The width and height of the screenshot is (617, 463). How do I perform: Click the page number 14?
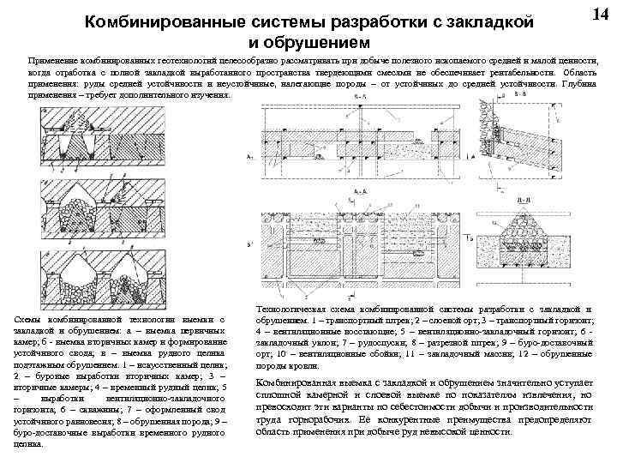coord(600,15)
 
